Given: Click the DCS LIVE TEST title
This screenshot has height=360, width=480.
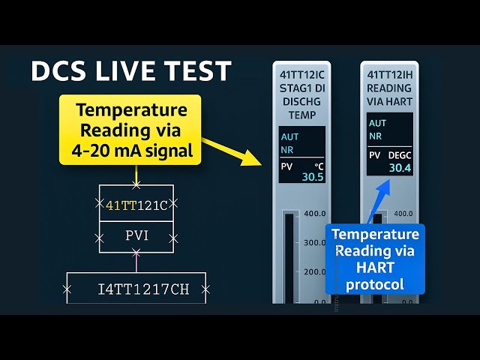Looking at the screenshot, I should coord(131,71).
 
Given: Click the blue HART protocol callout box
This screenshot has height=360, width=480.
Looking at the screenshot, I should coord(375,259).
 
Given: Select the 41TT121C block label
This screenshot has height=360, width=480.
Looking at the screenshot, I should coord(136,204).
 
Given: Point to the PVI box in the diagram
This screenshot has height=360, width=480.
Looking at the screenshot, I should coord(136,237).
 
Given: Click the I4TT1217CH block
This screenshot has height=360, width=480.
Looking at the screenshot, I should coord(136,288).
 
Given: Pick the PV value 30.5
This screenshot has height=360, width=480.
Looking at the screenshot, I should coord(312,177).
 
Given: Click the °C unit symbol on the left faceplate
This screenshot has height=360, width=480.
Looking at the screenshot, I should coord(319,165).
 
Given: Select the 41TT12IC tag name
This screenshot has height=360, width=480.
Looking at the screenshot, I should coord(302,75).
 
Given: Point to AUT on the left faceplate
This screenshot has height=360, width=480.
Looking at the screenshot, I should coord(289,137).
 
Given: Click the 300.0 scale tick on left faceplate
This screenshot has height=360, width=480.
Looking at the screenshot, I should coord(313,243).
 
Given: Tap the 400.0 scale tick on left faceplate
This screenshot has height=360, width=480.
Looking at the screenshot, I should coord(313,214).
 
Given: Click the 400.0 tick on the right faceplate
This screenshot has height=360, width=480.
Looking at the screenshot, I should coord(403,213).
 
